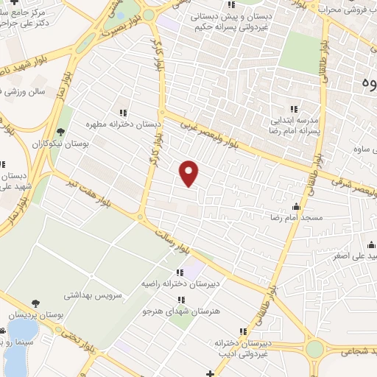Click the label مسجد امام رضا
[295, 219]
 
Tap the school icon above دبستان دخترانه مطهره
[123, 113]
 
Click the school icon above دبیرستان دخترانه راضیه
[180, 272]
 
